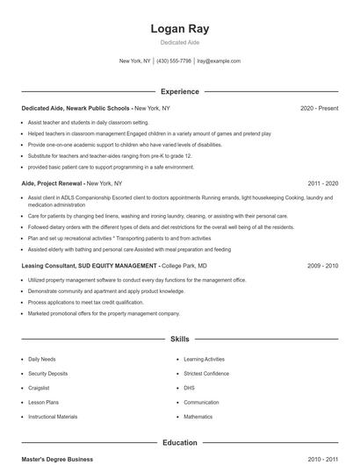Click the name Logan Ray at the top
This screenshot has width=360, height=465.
tap(180, 29)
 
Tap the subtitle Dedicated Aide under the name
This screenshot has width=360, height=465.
tap(180, 43)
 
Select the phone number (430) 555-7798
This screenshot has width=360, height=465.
tap(174, 61)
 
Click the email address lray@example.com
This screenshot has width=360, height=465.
tap(219, 61)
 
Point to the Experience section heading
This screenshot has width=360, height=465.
tap(180, 91)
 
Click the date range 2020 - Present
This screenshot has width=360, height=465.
tap(319, 108)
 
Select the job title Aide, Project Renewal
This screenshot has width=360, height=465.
tap(52, 183)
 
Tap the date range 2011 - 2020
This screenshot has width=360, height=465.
tap(323, 183)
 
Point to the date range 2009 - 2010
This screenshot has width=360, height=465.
tap(323, 265)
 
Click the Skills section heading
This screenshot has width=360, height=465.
tap(180, 339)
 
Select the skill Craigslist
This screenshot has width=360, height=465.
tap(39, 388)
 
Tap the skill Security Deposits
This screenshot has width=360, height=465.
tap(47, 374)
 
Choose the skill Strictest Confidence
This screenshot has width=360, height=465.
tap(206, 374)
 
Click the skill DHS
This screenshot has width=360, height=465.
tap(189, 388)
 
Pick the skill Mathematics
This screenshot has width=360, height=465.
tap(198, 417)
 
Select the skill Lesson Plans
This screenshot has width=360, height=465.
tap(42, 403)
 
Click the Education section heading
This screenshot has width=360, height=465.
tap(180, 443)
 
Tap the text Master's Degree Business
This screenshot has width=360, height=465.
tap(57, 459)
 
